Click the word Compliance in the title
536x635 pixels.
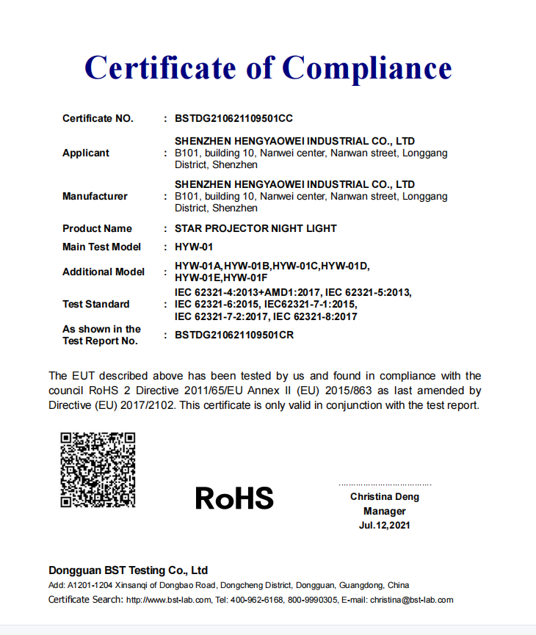coord(367,68)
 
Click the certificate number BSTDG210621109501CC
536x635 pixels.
coord(234,118)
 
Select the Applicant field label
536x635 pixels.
coord(86,153)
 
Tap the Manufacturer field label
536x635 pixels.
coord(95,196)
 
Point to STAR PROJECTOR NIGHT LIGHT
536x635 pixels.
coord(256,228)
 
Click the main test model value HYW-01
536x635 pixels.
coord(194,247)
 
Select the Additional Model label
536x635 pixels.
coord(104,272)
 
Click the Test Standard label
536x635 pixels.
coord(96,304)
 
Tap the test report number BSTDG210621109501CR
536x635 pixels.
coord(234,335)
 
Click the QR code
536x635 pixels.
coord(98,470)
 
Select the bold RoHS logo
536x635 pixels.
coord(234,498)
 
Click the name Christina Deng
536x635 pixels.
coord(385,497)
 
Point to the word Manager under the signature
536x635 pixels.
coord(385,511)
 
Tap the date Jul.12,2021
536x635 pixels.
coord(385,525)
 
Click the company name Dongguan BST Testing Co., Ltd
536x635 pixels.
coord(128,570)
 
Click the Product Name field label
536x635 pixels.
coord(98,228)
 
